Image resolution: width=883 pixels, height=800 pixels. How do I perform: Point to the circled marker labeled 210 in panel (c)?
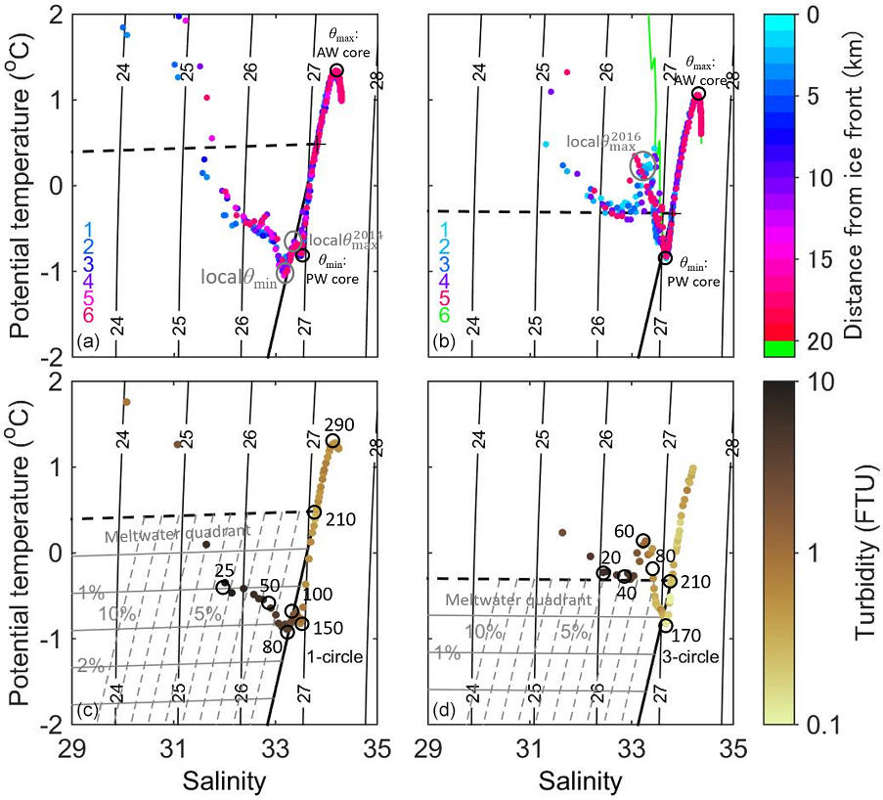[315, 512]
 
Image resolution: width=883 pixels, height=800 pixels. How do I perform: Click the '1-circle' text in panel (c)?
[333, 656]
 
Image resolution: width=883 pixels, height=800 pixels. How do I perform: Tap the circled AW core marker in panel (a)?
[336, 70]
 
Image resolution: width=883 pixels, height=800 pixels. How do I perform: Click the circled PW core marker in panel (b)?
[665, 258]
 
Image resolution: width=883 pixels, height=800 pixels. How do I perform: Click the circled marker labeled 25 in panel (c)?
[223, 587]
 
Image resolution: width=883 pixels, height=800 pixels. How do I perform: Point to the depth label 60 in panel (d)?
[625, 530]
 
